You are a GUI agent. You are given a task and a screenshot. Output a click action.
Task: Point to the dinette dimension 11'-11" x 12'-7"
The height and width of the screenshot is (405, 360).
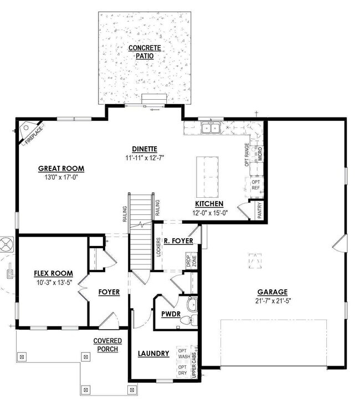click(x=145, y=157)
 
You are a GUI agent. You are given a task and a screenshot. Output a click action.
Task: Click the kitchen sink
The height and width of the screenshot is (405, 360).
click(x=210, y=129)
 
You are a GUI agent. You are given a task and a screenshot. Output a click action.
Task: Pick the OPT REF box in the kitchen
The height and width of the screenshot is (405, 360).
click(x=256, y=184)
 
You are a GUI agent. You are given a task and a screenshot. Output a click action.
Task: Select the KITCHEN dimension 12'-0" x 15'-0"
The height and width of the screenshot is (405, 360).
click(x=209, y=212)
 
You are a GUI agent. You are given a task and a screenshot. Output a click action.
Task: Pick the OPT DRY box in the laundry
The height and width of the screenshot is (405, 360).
click(x=183, y=370)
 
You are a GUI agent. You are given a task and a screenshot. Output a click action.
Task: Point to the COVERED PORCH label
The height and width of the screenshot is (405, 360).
click(x=107, y=345)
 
